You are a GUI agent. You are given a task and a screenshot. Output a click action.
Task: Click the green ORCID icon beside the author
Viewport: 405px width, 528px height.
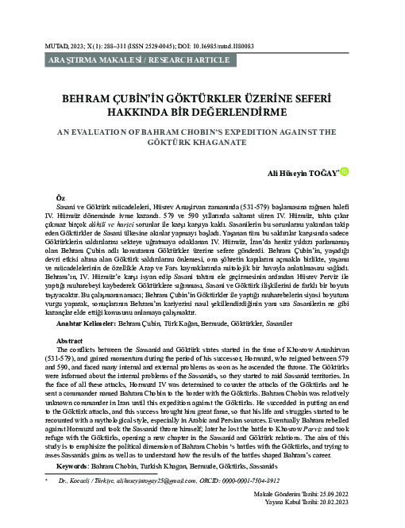(345, 170)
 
